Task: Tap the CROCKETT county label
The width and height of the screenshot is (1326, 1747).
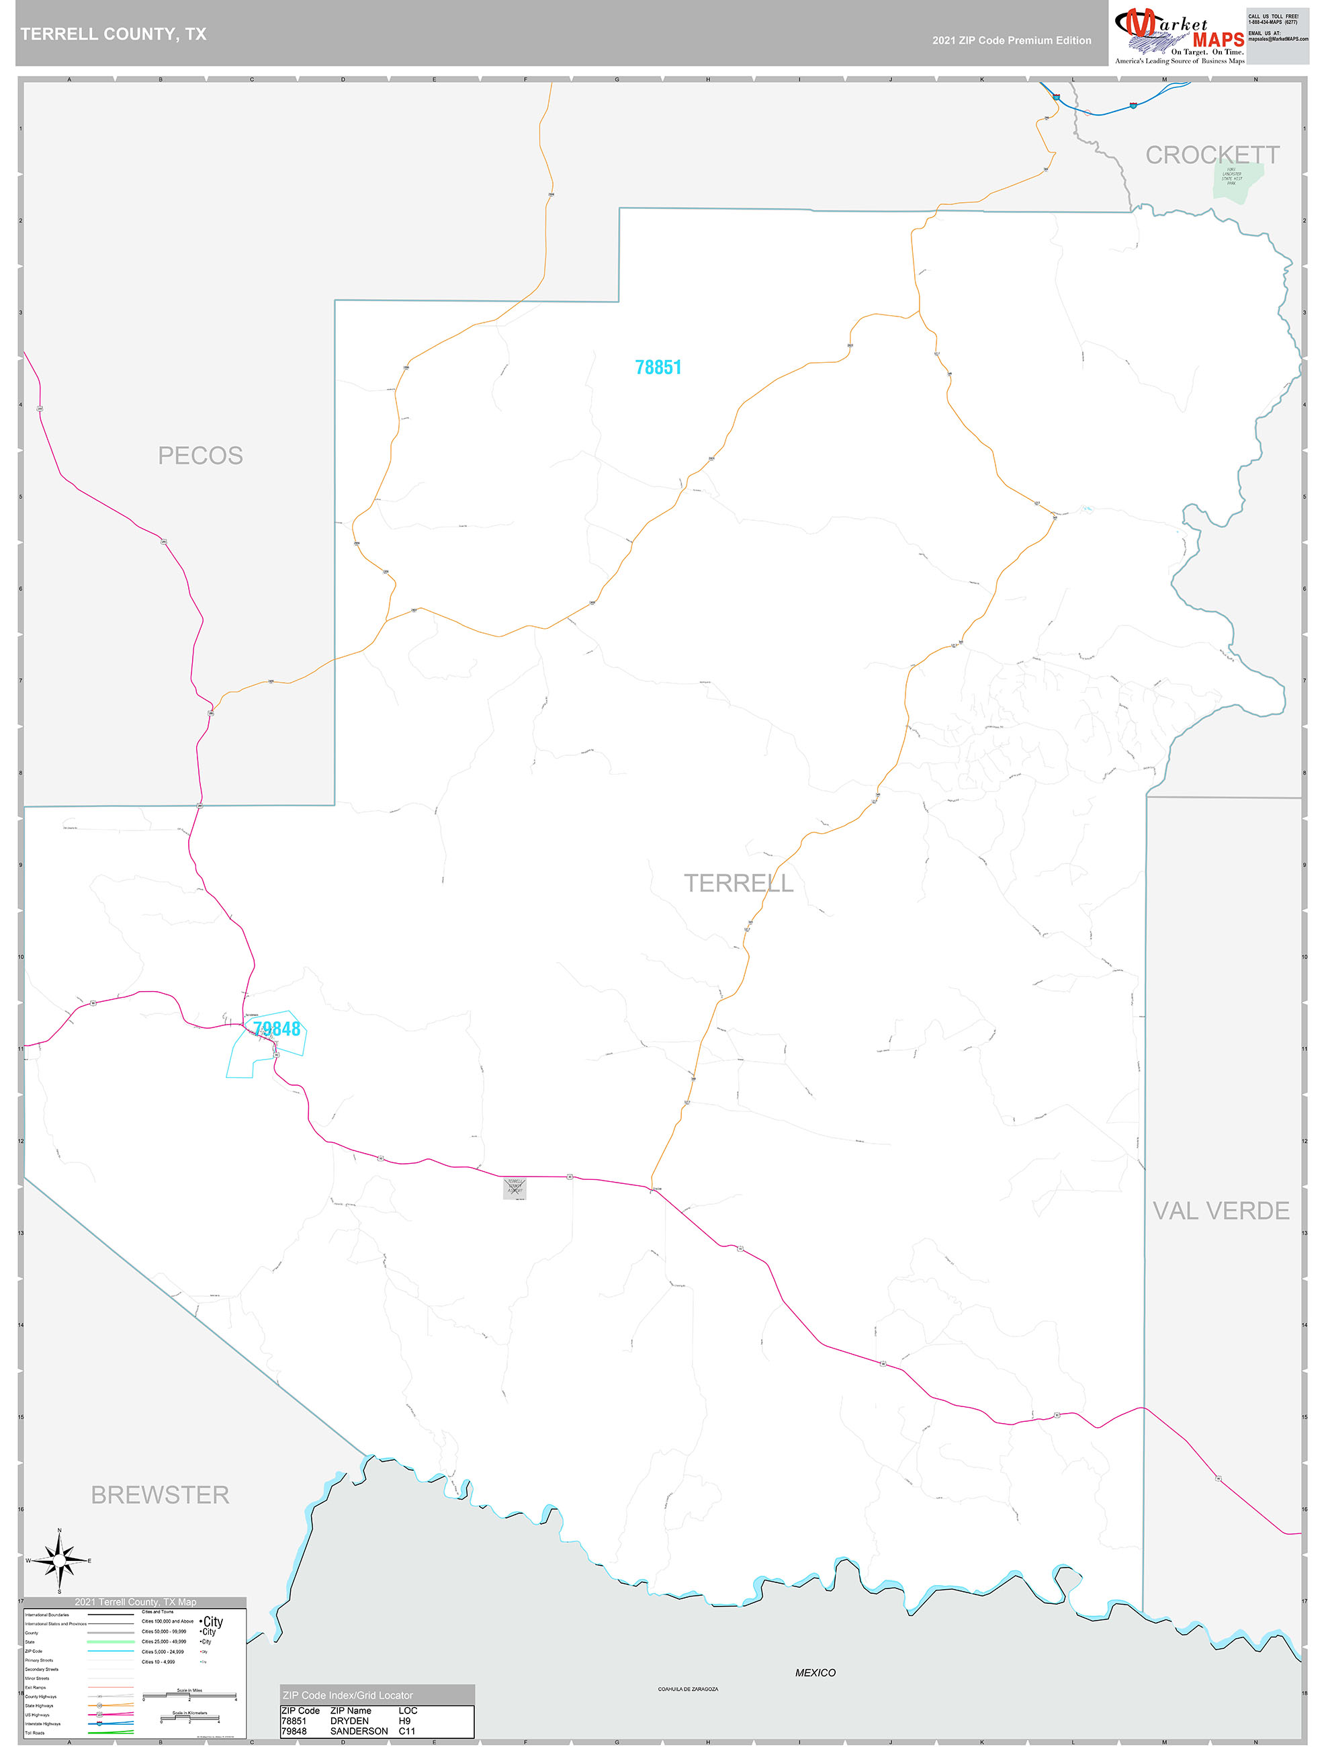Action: tap(1212, 156)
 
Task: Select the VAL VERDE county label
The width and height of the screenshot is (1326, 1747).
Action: tap(1220, 1211)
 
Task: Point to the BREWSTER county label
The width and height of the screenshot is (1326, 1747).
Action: tap(161, 1495)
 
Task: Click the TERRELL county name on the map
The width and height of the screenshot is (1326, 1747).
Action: tap(738, 883)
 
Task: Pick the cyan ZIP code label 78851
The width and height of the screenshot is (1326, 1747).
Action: tap(658, 368)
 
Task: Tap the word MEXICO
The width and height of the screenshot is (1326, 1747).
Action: tap(815, 1672)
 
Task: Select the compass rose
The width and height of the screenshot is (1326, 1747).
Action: tap(59, 1560)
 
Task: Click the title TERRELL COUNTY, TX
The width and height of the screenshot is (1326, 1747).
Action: tap(113, 34)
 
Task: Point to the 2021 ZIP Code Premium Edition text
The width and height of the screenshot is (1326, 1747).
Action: tap(1011, 40)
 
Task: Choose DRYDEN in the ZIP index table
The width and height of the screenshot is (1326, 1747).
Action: tap(349, 1720)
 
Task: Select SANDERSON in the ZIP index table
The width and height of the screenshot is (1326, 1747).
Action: tap(359, 1730)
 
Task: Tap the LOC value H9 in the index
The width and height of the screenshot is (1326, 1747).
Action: tap(404, 1720)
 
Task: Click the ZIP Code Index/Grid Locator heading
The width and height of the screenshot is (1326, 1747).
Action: tap(347, 1695)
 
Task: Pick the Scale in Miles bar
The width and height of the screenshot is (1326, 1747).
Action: tap(189, 1696)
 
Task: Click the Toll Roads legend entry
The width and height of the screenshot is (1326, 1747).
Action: tap(36, 1733)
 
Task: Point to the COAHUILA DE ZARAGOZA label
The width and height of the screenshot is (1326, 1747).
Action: tap(688, 1689)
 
